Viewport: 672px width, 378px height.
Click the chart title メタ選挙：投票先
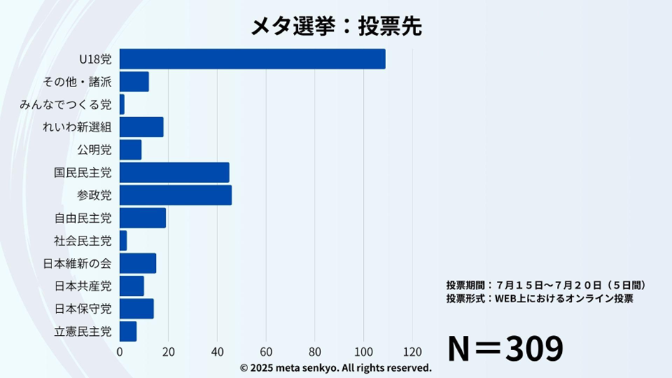tap(335, 26)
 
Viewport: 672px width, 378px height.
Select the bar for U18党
tap(252, 59)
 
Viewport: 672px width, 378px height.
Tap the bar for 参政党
tap(175, 195)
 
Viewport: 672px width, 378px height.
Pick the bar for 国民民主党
tap(174, 172)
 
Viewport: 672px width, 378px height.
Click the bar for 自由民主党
tap(142, 218)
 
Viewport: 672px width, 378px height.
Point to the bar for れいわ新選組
tap(141, 127)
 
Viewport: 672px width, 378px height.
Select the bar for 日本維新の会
tap(137, 264)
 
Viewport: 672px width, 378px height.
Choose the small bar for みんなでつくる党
tap(122, 104)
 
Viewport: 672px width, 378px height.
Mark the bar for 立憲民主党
tap(128, 332)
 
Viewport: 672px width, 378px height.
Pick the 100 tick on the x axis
tap(363, 352)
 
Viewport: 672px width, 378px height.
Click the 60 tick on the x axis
tap(266, 352)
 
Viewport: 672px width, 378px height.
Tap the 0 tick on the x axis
tap(119, 352)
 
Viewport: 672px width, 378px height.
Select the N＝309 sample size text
tap(505, 349)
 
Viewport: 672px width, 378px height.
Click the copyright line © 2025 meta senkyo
tap(335, 368)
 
